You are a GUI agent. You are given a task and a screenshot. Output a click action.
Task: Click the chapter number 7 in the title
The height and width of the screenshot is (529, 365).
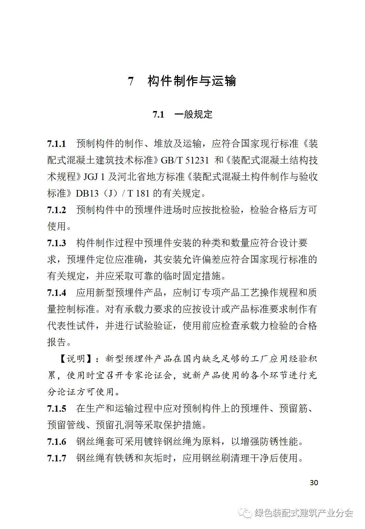[x=131, y=81]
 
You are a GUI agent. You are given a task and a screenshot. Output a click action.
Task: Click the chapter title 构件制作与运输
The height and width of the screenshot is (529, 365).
[x=192, y=81]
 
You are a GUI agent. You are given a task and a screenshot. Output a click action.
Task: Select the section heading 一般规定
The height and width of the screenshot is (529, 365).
[x=193, y=114]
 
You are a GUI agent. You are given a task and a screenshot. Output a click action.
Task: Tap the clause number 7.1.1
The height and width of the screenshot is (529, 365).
[x=57, y=144]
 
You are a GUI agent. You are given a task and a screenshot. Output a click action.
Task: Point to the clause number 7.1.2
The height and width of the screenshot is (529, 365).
[x=57, y=210]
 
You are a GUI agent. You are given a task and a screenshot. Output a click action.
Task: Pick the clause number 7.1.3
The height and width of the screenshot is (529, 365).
[x=57, y=243]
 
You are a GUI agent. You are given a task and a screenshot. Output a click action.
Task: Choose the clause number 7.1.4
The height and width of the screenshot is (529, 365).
[x=57, y=293]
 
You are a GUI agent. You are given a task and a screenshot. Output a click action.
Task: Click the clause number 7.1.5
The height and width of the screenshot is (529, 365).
[x=57, y=409]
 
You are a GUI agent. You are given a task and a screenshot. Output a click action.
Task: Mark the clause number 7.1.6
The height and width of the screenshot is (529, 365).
[x=57, y=442]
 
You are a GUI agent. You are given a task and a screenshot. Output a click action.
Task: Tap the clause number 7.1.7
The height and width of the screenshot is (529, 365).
[x=57, y=458]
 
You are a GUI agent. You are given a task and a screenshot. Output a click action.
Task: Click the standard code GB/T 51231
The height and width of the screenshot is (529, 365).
[x=185, y=160]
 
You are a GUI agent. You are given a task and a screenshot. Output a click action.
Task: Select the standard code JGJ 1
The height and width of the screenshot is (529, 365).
[x=94, y=177]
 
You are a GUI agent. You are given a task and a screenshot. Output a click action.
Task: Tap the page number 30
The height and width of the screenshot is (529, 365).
[x=314, y=483]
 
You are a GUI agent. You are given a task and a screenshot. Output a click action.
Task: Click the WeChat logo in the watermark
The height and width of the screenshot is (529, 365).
[x=245, y=513]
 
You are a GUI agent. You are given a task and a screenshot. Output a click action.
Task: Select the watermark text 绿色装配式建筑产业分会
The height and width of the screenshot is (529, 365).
[x=304, y=513]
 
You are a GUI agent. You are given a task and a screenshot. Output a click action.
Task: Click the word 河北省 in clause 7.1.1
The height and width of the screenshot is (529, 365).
[x=132, y=177]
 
